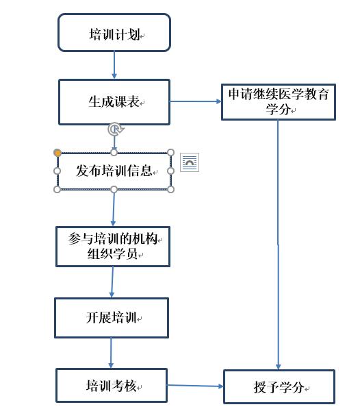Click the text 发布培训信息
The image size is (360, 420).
click(114, 171)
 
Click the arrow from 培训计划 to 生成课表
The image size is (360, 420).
click(114, 65)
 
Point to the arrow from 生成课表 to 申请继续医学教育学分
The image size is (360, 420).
click(196, 101)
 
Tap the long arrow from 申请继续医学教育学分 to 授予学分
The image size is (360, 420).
click(278, 245)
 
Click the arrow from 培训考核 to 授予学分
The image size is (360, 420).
click(195, 386)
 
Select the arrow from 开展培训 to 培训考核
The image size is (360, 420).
click(111, 353)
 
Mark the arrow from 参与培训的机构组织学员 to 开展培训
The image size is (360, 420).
click(112, 282)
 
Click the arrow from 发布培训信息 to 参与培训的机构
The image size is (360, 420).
click(114, 208)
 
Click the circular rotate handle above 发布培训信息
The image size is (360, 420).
click(115, 129)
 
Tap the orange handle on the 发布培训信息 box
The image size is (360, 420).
click(57, 153)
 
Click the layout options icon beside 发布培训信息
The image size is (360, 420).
click(190, 162)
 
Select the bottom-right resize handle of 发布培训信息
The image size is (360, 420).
click(171, 189)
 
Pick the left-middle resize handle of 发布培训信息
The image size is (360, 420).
click(57, 171)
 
